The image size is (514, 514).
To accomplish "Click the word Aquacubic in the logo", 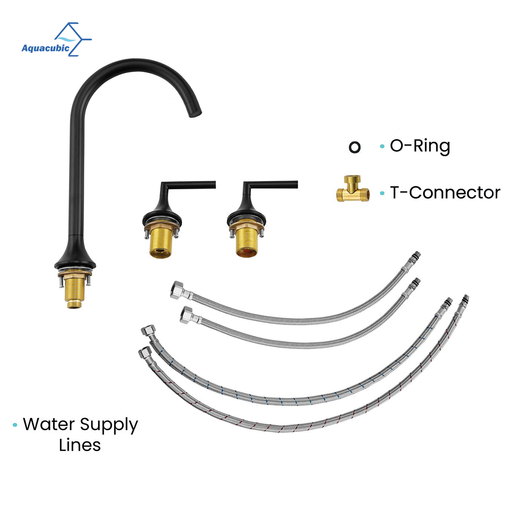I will coord(45,48).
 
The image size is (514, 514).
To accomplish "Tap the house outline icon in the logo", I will coord(71,34).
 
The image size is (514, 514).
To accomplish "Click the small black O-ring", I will coord(355,147).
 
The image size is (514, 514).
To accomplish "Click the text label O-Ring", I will coord(420,146).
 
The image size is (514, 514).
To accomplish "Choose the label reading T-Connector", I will coord(445,193).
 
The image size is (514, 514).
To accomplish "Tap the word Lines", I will coord(80,445).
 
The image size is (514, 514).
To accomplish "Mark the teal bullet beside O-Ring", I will coord(382,147).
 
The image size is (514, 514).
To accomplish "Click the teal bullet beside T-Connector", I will coord(382,193).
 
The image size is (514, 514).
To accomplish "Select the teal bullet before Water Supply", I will coord(15,425).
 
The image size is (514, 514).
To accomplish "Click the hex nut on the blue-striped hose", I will coord(148,331).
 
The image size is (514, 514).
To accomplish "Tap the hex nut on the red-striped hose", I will coord(144,353).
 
